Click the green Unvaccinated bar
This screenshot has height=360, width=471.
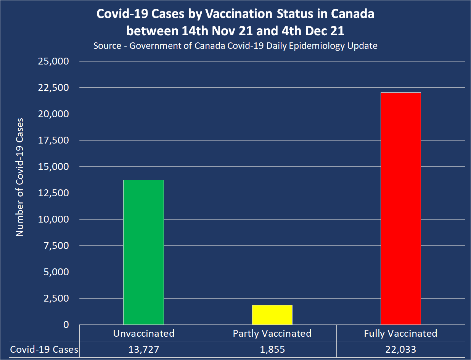pos(143,252)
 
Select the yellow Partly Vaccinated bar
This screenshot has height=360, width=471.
pos(272,315)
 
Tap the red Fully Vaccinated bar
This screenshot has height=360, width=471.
pos(400,208)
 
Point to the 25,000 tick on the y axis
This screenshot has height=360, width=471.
pos(54,61)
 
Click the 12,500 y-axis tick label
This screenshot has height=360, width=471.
pos(54,193)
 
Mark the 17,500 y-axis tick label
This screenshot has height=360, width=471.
pos(54,140)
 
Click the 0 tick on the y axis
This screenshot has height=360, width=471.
pos(66,324)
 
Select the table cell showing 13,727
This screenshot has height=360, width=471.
pos(143,349)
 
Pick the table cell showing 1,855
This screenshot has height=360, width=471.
pos(272,349)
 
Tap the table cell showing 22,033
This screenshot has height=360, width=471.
pos(400,349)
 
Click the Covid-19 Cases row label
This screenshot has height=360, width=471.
pos(44,349)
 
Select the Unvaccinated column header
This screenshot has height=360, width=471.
pos(143,333)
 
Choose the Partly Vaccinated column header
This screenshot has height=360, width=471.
pos(272,333)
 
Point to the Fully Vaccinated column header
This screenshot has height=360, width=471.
pos(400,333)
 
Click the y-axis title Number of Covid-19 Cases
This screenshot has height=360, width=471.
pos(20,177)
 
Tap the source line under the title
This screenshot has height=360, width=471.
pos(235,46)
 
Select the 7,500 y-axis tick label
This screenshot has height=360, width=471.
pos(56,246)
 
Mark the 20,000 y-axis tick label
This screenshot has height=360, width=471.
pos(54,114)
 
